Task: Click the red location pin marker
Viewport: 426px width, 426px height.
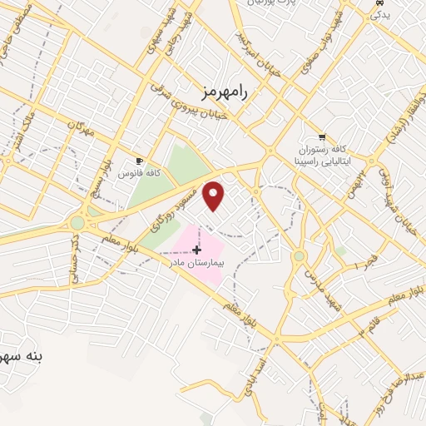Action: click(214, 195)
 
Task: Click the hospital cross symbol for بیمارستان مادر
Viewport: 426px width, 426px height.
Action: click(196, 249)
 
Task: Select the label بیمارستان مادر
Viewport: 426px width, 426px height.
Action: click(198, 262)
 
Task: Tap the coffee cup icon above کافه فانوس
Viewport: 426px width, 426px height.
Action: click(139, 161)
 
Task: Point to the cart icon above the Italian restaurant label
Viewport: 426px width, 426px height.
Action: click(322, 136)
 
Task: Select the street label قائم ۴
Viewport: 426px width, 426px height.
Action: click(367, 323)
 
